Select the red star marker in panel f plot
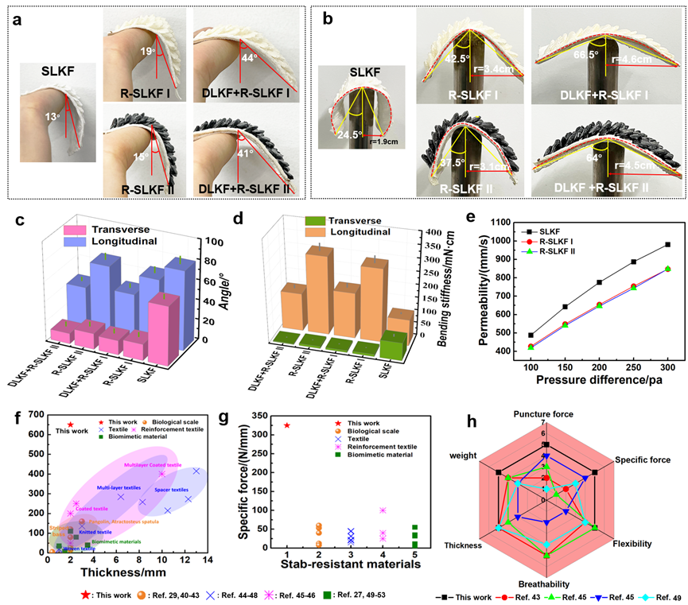71,425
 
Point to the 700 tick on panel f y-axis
34,413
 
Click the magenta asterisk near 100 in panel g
383,510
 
